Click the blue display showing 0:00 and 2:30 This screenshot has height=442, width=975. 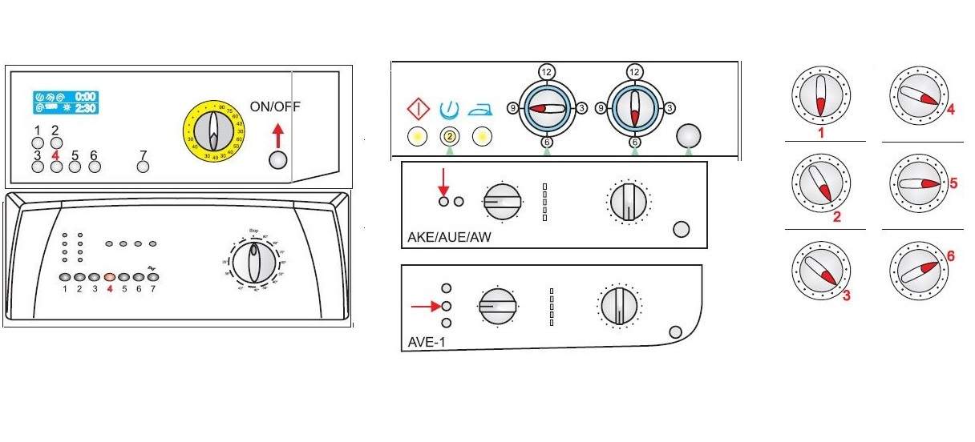(65, 102)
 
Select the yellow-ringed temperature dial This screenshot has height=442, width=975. (212, 128)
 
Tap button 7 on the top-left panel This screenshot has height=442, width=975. (144, 167)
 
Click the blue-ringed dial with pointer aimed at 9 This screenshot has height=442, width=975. (546, 107)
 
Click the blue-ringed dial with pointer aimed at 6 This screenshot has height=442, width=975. (634, 107)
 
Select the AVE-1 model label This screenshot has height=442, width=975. (424, 343)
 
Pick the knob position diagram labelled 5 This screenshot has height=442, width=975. (916, 183)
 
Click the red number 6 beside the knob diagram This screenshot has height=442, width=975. (950, 255)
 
